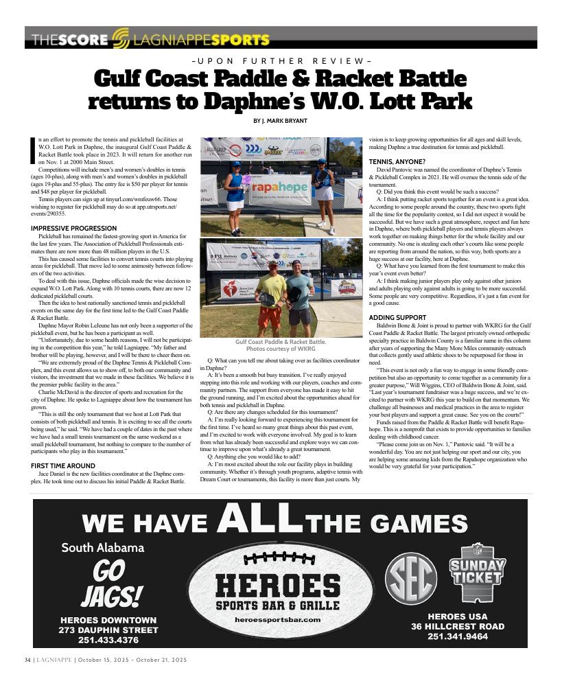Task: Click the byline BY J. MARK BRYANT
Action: coord(281,121)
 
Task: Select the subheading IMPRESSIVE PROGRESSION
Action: coord(73,228)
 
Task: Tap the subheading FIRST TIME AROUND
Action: coord(63,466)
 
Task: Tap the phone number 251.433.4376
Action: coord(108,640)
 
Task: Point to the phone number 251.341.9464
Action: coord(458,637)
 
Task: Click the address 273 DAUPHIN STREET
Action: coord(108,630)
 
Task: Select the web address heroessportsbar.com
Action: coord(277,620)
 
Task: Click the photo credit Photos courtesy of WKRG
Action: coord(281,349)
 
